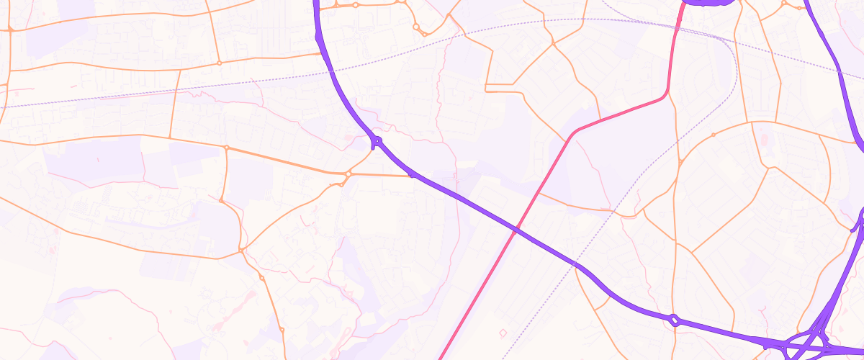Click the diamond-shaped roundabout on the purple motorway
[x=674, y=320]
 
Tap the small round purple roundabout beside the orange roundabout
[x=376, y=141]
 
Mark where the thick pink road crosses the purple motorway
[x=516, y=230]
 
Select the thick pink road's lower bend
[x=574, y=134]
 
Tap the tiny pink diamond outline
[x=503, y=333]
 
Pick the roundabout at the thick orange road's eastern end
[x=348, y=174]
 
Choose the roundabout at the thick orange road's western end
[x=226, y=148]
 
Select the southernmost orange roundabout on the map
[x=282, y=330]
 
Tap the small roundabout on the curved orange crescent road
[x=714, y=135]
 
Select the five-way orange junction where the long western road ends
[x=241, y=251]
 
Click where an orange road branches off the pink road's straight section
[x=539, y=193]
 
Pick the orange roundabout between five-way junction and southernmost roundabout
[x=261, y=278]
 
